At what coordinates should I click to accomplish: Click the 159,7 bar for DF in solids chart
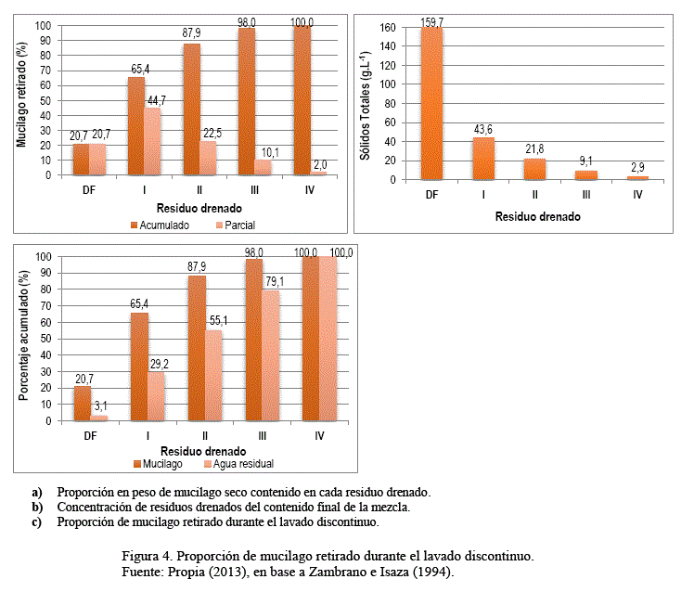tap(431, 103)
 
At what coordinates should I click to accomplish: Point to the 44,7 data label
tap(154, 99)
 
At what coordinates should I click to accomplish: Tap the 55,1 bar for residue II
tap(212, 375)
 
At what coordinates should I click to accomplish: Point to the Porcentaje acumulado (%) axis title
tap(20, 340)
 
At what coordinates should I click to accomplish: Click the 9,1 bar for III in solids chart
tap(585, 174)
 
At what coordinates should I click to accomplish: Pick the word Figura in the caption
tap(141, 555)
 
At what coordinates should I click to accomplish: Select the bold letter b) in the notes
tap(37, 508)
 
